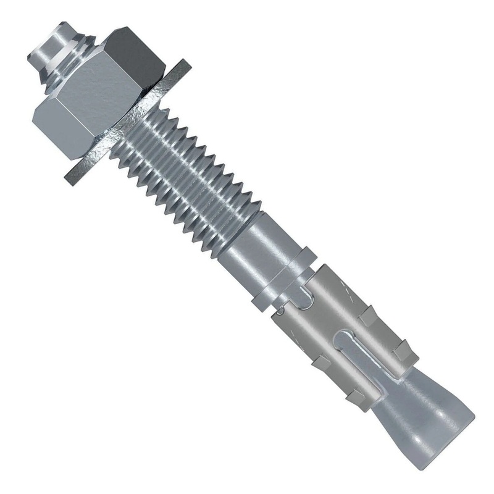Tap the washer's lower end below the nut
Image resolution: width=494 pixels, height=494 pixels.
tap(77, 176)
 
